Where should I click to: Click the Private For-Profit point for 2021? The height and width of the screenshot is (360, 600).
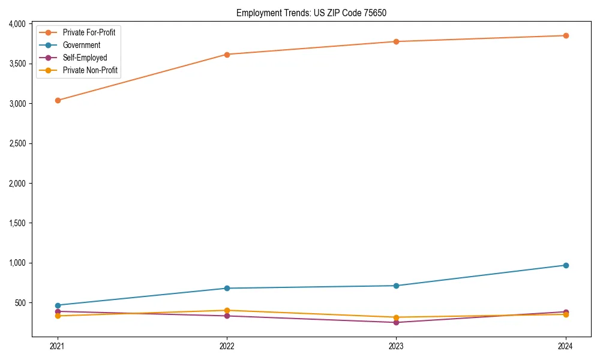pyautogui.click(x=58, y=100)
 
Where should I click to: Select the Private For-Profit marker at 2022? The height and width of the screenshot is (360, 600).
pyautogui.click(x=227, y=55)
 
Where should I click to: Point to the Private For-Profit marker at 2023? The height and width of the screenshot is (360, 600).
pyautogui.click(x=396, y=41)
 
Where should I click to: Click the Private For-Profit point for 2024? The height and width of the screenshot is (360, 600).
pyautogui.click(x=565, y=35)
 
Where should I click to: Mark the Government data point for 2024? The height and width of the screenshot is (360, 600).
pyautogui.click(x=565, y=265)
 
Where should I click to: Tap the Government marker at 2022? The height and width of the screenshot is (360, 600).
pyautogui.click(x=227, y=288)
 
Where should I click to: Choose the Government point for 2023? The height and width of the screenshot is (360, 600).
pyautogui.click(x=396, y=286)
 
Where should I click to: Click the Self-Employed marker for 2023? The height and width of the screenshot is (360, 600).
pyautogui.click(x=396, y=322)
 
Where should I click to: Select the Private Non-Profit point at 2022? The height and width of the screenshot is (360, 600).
pyautogui.click(x=227, y=310)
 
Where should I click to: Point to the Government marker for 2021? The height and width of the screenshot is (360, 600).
pyautogui.click(x=58, y=305)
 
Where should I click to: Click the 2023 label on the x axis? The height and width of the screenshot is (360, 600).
pyautogui.click(x=396, y=346)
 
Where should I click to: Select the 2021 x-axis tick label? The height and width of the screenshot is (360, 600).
pyautogui.click(x=58, y=346)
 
